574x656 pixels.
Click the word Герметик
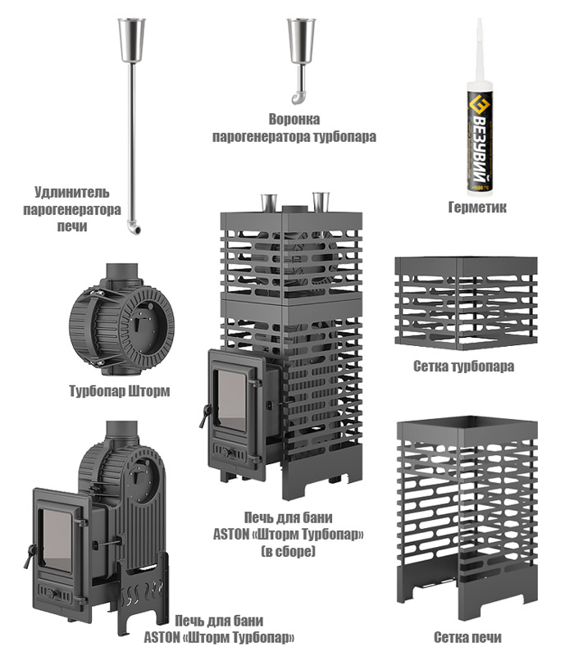pos(477,207)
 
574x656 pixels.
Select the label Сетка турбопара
pos(463,366)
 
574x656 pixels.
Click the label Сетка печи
pos(467,637)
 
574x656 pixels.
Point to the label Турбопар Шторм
pos(120,391)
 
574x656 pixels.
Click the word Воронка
pos(294,119)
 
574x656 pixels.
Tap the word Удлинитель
pos(72,192)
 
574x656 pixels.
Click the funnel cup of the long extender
pos(131,40)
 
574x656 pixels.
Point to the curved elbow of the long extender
pos(134,228)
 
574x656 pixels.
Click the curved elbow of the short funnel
pos(298,98)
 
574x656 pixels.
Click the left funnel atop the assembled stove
pos(269,203)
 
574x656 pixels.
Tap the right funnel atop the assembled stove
pos(321,203)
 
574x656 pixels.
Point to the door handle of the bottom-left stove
pos(29,556)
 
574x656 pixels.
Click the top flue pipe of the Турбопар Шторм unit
pos(121,274)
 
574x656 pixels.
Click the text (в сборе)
pos(289,551)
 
